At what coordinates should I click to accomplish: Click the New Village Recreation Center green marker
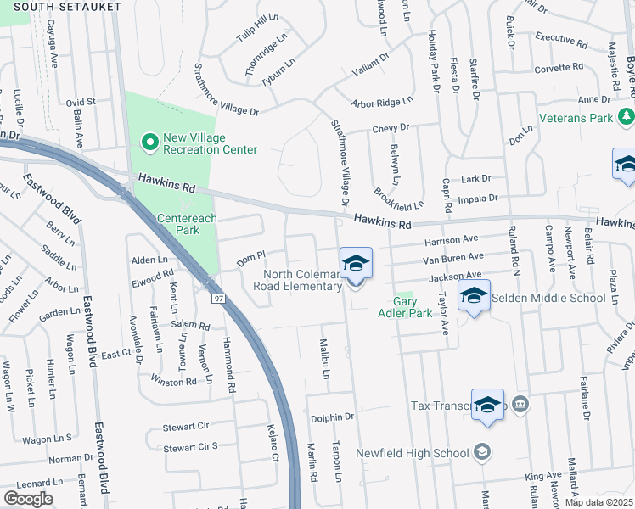(x=150, y=143)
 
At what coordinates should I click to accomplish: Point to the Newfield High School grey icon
(x=482, y=451)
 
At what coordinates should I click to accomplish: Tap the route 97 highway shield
(x=219, y=299)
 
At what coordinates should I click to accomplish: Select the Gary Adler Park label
(x=413, y=307)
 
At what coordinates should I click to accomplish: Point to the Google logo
(x=28, y=499)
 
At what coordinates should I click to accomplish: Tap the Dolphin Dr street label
(x=332, y=417)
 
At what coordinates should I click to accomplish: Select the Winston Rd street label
(x=174, y=382)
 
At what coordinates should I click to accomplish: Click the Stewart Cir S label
(x=190, y=447)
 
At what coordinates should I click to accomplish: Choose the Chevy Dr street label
(x=391, y=127)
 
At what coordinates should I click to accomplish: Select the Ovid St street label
(x=81, y=102)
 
